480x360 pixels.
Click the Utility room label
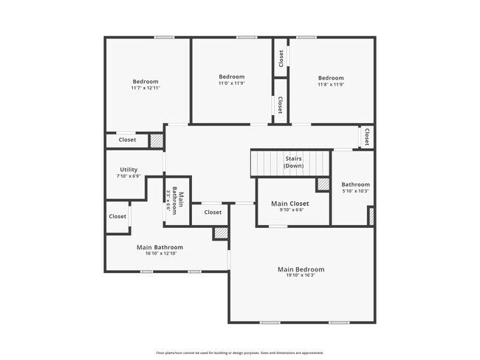[x=128, y=170]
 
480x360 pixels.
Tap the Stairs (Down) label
[x=294, y=162]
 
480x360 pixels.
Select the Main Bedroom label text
[x=301, y=269]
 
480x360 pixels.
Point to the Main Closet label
[x=289, y=204]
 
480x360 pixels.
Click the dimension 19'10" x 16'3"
[x=301, y=276]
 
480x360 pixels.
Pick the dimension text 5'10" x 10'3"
[x=355, y=191]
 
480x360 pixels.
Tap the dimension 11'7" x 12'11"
[x=145, y=88]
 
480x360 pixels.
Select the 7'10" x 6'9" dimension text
[x=128, y=176]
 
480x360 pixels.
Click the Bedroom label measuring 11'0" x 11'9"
[x=231, y=77]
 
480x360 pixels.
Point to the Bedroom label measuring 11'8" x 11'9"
[x=331, y=78]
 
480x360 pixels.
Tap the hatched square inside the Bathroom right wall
[x=371, y=216]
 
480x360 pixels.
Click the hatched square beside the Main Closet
[x=323, y=184]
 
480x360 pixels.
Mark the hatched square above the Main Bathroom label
[x=220, y=233]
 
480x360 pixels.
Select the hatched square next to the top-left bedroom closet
[x=156, y=140]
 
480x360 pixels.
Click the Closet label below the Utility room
[x=117, y=216]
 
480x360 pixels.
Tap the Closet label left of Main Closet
[x=213, y=212]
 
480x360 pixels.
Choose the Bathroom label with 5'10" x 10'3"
[x=355, y=184]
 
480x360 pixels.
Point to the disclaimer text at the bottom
[x=239, y=352]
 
